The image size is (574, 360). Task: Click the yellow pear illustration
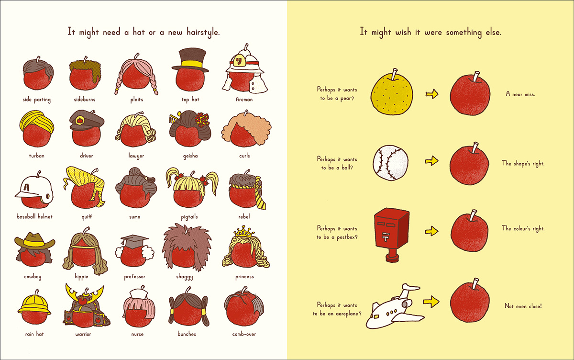click(x=392, y=94)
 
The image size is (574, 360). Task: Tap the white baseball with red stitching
click(x=391, y=163)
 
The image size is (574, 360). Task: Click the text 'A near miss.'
click(x=520, y=94)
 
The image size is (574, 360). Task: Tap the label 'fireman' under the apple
click(x=244, y=100)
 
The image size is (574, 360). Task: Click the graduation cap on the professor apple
click(x=132, y=239)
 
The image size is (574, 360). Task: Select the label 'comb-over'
click(x=244, y=334)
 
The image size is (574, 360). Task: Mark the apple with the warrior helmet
click(x=84, y=306)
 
